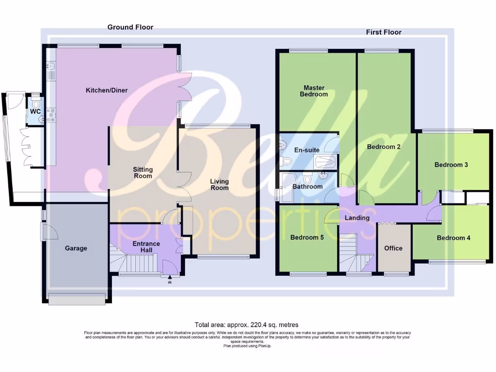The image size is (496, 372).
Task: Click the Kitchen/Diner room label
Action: click(107, 90)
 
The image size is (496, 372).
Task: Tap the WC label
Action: click(35, 111)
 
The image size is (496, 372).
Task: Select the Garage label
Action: click(76, 248)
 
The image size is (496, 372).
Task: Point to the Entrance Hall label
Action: click(146, 247)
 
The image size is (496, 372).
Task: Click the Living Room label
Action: click(219, 185)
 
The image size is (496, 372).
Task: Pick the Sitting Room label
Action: click(143, 172)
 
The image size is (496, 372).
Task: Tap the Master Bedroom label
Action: click(314, 91)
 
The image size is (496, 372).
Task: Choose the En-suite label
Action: click(307, 150)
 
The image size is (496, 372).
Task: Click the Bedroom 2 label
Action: click(384, 147)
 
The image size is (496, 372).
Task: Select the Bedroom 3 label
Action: click(451, 165)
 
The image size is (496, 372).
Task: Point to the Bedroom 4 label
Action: click(453, 238)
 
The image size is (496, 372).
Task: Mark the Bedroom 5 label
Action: click(307, 238)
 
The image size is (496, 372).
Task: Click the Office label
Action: click(393, 248)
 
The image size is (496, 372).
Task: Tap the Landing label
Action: click(357, 218)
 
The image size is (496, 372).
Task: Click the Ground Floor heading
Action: click(130, 27)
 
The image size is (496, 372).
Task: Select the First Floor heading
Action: click(383, 32)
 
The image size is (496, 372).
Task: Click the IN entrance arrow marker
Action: click(170, 279)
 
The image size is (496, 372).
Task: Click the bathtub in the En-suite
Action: click(325, 161)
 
